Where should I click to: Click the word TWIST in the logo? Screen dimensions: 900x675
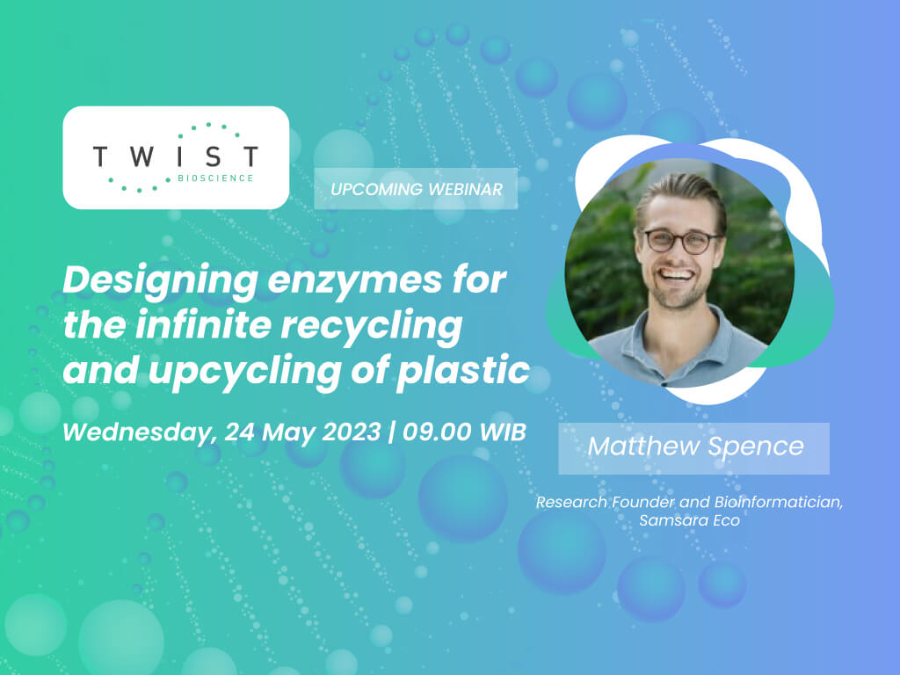click(x=176, y=156)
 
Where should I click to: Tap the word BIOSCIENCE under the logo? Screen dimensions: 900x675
click(x=216, y=178)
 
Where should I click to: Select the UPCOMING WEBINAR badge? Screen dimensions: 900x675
click(x=416, y=189)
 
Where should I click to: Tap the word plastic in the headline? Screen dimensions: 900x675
click(x=463, y=370)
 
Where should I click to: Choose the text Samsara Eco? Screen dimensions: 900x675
click(x=689, y=520)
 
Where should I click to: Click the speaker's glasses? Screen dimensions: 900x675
click(x=681, y=241)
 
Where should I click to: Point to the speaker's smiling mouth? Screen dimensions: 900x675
click(x=678, y=273)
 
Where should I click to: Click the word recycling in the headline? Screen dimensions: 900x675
click(x=372, y=325)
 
